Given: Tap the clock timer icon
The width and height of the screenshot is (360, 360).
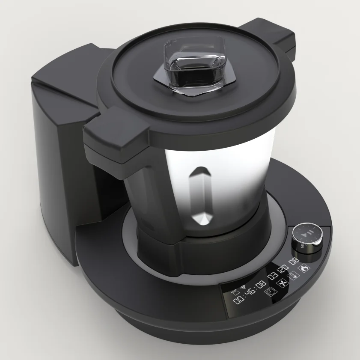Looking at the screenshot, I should click(271, 292).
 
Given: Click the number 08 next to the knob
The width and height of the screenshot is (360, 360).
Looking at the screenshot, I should click(295, 260).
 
